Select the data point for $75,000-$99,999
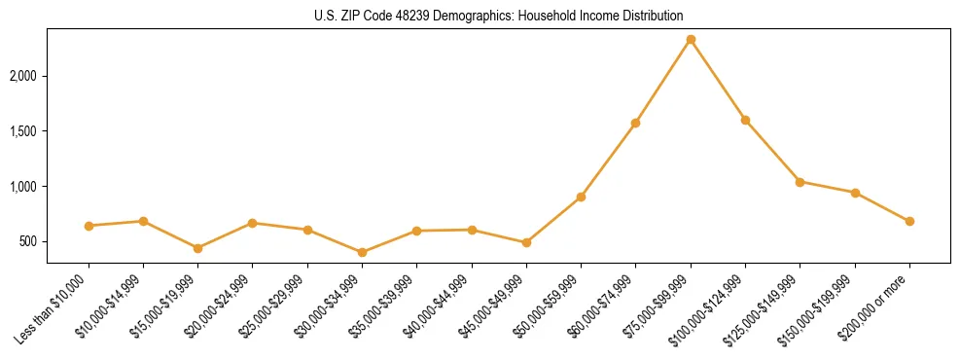coord(691,40)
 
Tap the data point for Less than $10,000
coord(89,226)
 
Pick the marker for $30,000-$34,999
coord(363,252)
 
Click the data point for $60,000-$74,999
coord(636,123)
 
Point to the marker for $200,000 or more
coord(909,221)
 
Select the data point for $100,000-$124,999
coord(745,120)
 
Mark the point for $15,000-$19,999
coord(198,248)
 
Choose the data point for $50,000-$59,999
coord(581,197)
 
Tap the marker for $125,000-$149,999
coord(800,182)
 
